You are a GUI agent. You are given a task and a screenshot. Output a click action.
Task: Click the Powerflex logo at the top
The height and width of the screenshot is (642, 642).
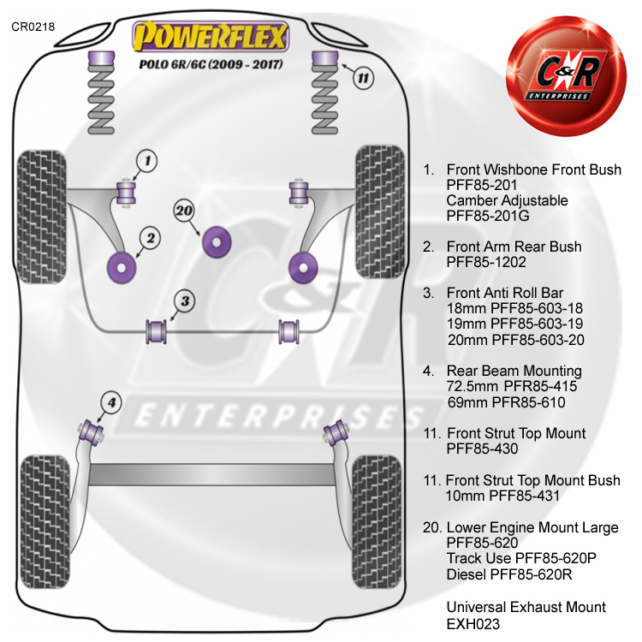[211, 37]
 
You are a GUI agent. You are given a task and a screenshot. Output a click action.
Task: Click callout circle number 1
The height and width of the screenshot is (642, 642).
[146, 159]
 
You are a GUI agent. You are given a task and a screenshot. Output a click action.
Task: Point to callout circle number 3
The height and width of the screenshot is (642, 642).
[185, 300]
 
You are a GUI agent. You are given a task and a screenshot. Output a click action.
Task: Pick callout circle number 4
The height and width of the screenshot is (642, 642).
[111, 401]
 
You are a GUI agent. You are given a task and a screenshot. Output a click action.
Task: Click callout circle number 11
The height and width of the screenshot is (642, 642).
[364, 79]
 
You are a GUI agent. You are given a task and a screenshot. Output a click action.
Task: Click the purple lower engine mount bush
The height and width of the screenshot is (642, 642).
[217, 241]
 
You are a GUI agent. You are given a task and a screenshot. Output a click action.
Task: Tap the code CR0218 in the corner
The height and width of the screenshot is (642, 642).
[33, 27]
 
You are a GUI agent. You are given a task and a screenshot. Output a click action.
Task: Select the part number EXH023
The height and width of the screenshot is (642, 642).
[473, 625]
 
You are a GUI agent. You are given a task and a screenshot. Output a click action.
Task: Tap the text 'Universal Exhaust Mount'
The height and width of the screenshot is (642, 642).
[526, 608]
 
